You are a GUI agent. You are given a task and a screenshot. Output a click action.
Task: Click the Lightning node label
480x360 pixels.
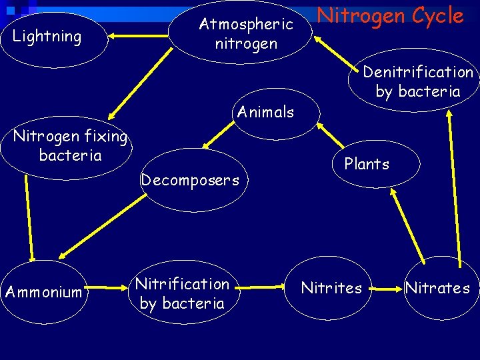pyautogui.click(x=47, y=36)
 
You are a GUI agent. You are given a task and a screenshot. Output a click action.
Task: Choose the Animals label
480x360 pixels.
pyautogui.click(x=265, y=112)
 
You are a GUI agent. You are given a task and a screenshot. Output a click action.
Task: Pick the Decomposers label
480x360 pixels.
pyautogui.click(x=190, y=180)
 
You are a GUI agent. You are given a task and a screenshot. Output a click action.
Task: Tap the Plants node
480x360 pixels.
pyautogui.click(x=367, y=164)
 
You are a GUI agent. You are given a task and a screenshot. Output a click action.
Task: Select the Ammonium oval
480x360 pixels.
pyautogui.click(x=43, y=292)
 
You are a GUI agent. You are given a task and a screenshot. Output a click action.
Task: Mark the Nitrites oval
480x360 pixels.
pyautogui.click(x=331, y=288)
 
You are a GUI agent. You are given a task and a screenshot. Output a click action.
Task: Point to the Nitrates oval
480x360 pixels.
pyautogui.click(x=438, y=288)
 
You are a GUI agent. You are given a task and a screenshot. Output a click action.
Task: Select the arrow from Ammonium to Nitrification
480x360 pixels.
pyautogui.click(x=108, y=291)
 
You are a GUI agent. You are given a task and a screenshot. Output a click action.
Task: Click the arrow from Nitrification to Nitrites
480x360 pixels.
pyautogui.click(x=259, y=288)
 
